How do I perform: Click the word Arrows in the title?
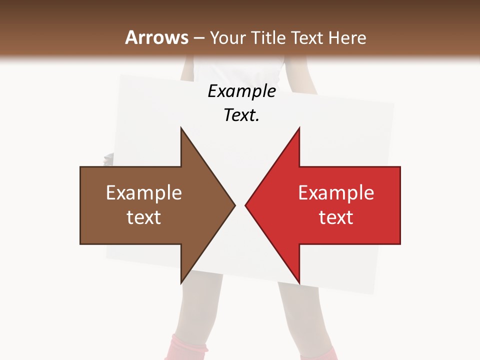click(156, 37)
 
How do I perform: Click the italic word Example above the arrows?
click(241, 91)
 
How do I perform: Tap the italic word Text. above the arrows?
click(241, 115)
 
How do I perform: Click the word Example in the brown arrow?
click(144, 193)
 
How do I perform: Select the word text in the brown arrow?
click(144, 217)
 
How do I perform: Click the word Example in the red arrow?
click(336, 193)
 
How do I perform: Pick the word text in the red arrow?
click(336, 217)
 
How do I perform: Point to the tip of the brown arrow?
click(234, 205)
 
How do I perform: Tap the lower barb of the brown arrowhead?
click(182, 280)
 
